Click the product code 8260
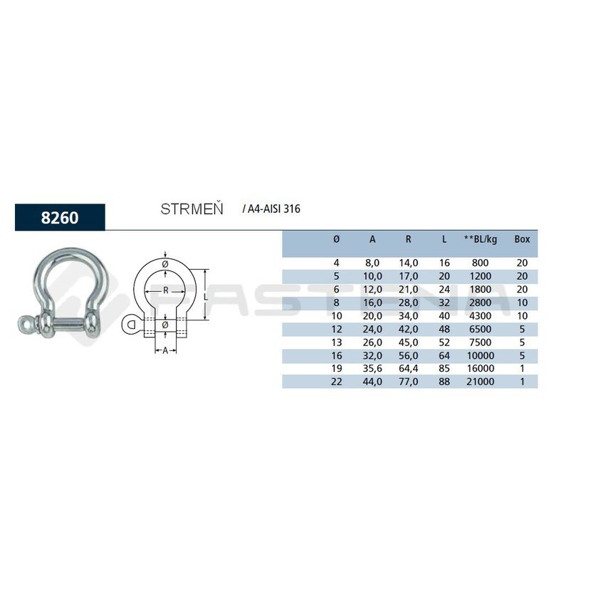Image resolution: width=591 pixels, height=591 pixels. (60, 217)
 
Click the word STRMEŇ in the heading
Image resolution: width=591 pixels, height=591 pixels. (192, 209)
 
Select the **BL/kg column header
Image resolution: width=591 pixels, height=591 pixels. (481, 239)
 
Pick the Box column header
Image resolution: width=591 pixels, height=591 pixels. (522, 239)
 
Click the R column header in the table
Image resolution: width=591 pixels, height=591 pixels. (408, 239)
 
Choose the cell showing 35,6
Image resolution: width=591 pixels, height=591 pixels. (372, 368)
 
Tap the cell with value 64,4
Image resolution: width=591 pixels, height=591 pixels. (409, 368)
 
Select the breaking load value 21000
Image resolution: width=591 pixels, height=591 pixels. (481, 382)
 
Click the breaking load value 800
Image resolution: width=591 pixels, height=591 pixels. (480, 263)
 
